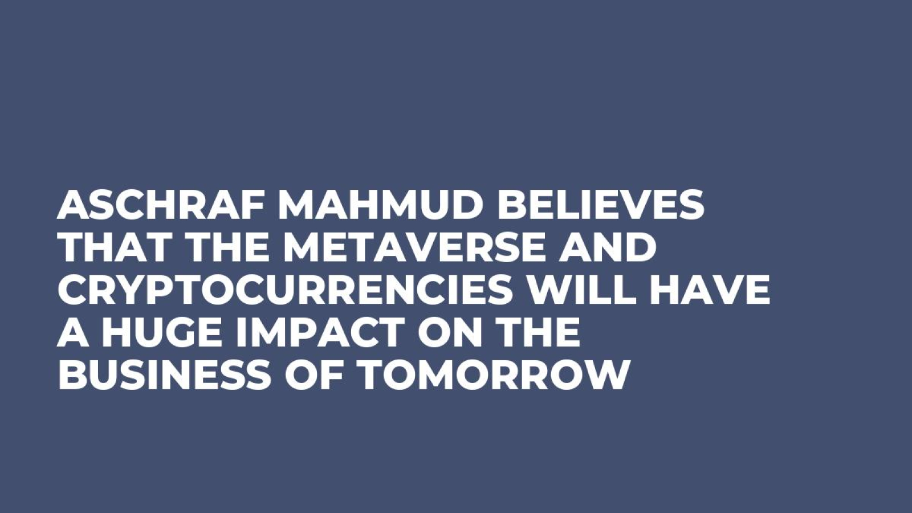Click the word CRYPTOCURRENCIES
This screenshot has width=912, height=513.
[x=285, y=290]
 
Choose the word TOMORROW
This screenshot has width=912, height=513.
[x=492, y=374]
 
